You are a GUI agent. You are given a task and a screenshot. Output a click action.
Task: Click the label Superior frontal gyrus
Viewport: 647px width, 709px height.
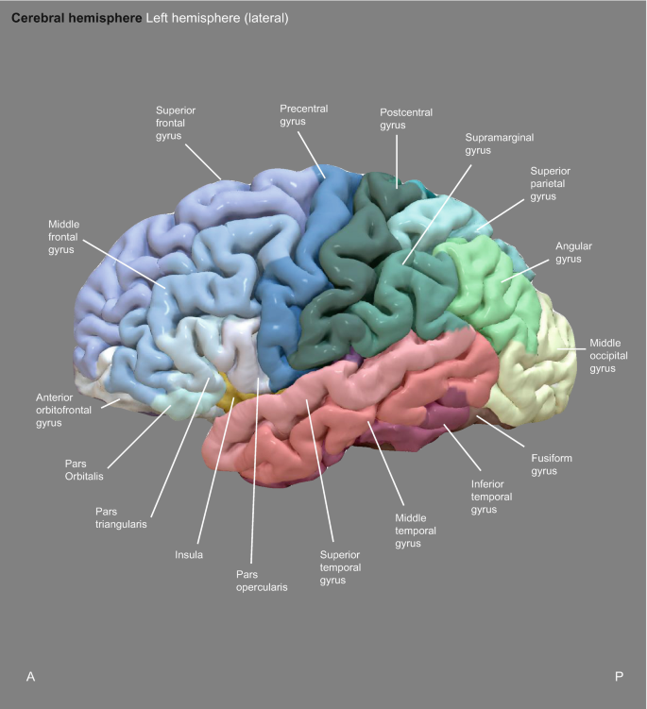tap(177, 123)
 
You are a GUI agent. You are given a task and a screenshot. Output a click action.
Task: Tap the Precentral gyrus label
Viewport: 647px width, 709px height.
tap(304, 114)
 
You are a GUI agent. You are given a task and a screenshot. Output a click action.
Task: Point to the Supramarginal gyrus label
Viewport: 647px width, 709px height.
tap(500, 143)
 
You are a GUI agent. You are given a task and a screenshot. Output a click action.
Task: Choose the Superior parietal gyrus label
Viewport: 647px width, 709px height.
tap(551, 184)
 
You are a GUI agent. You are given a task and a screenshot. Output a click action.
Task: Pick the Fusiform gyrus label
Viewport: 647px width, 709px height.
tap(552, 464)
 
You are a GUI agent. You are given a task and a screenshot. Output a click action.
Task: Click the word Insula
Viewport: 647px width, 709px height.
tap(189, 555)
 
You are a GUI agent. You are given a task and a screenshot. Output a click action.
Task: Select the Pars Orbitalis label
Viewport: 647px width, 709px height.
tap(81, 470)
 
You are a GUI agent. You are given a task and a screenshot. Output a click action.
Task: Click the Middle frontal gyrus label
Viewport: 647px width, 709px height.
tap(68, 237)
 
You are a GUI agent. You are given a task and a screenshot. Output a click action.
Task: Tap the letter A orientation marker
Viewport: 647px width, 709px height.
tap(31, 676)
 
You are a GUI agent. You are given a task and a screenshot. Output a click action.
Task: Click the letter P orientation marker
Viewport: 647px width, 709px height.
tap(619, 676)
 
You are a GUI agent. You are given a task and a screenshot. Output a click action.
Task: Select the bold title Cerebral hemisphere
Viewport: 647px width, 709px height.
tap(77, 18)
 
